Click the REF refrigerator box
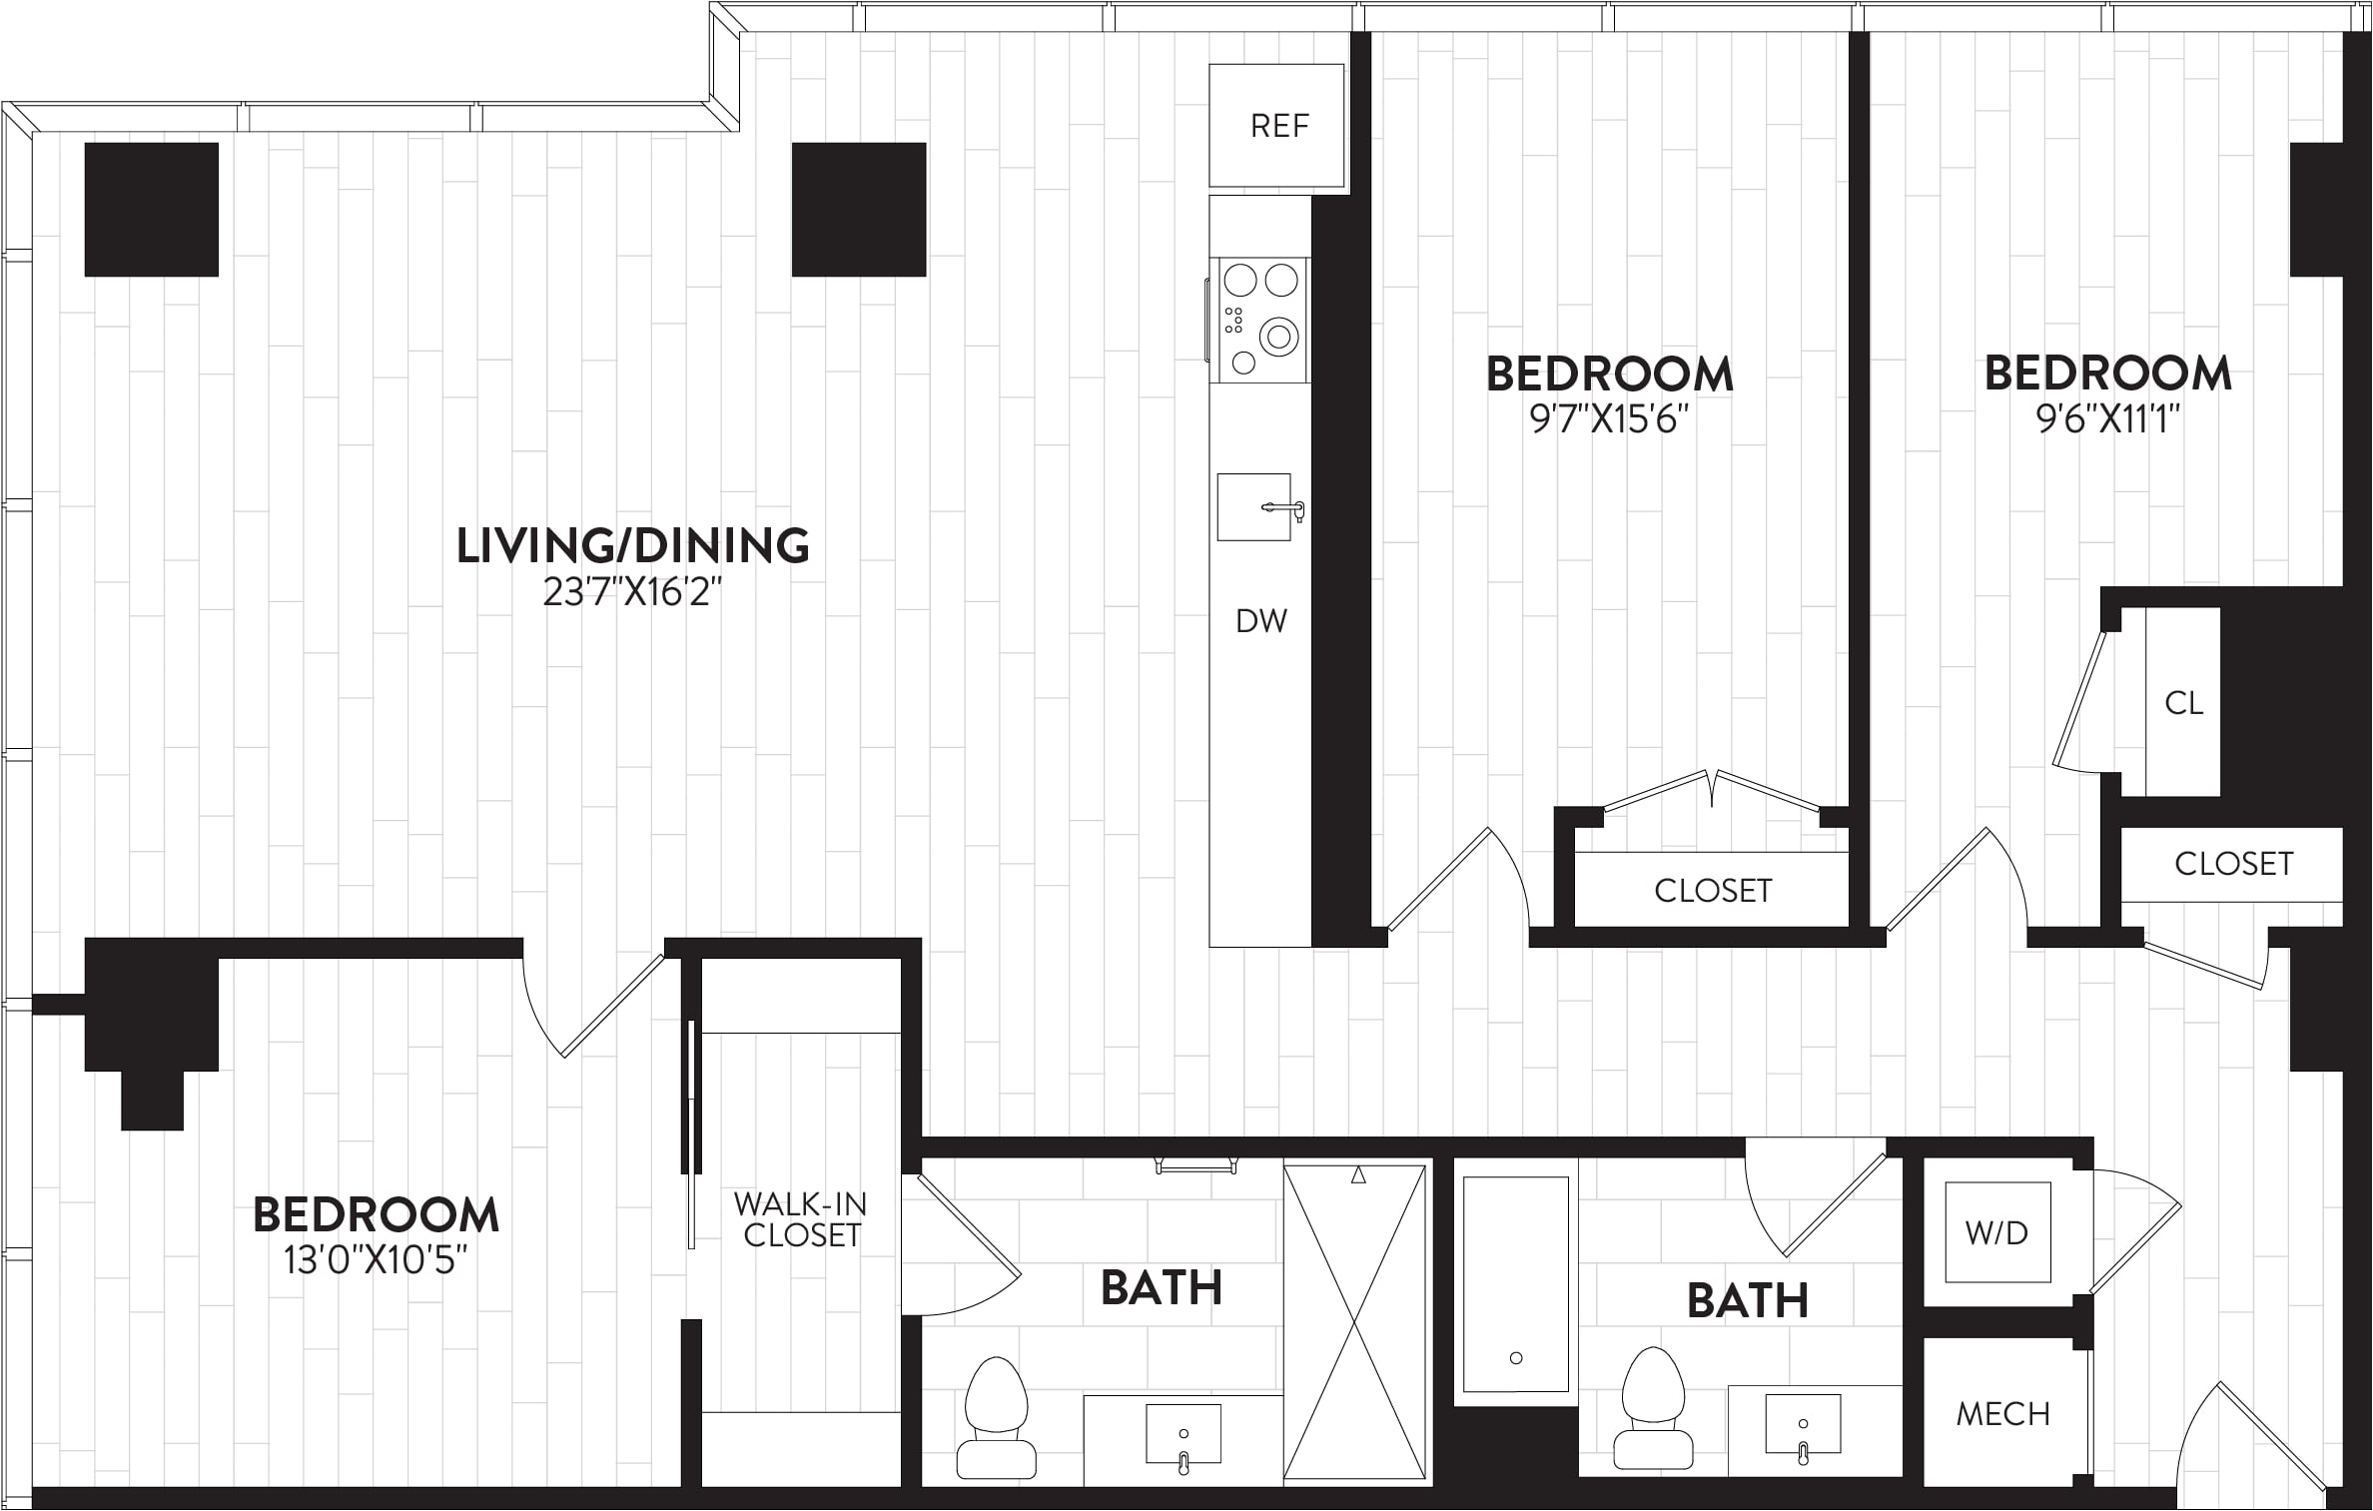1276,126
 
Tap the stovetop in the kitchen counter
1260,320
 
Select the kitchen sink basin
1254,507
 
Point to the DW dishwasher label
1261,621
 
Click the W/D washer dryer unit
1997,1232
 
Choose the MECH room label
2002,1414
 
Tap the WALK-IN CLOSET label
801,1219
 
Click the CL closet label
2183,703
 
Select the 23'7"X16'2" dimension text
632,593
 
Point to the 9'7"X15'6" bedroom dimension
1609,419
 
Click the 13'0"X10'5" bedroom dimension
376,1261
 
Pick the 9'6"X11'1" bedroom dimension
2107,419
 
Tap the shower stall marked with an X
1354,1321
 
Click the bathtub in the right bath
1515,1284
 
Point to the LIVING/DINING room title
632,546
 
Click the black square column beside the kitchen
859,210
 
